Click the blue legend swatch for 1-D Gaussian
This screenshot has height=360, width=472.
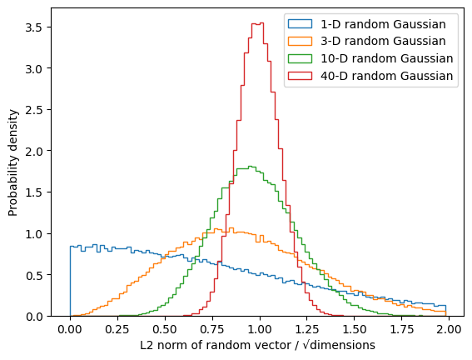300,24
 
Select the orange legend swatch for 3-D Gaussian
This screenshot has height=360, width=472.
300,41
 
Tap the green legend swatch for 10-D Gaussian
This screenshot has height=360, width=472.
300,58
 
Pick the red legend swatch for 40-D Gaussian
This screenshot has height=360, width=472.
300,76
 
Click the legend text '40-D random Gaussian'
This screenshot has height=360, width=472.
386,76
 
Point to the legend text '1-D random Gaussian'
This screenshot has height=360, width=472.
383,24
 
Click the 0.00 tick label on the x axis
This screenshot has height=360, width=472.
70,329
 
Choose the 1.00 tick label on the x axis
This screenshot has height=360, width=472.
260,329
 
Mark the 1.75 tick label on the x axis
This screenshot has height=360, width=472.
401,329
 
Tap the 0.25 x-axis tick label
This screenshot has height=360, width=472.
117,329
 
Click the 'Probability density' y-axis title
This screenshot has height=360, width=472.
13,162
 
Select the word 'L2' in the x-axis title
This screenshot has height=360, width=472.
147,345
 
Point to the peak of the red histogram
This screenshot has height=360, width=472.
258,22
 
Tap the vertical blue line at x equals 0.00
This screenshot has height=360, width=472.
70,281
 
